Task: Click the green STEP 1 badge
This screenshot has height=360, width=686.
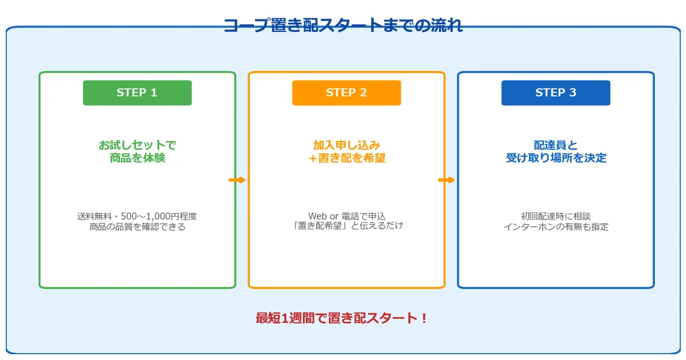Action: [137, 93]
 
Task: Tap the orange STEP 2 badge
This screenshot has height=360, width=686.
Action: [346, 93]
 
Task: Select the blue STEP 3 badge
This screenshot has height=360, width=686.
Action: [556, 93]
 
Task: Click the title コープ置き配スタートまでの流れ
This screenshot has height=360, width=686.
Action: [343, 26]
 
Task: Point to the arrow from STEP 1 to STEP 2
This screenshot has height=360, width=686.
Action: [237, 180]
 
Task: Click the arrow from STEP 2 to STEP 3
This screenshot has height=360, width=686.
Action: [446, 180]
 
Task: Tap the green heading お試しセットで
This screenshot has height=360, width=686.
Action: [137, 145]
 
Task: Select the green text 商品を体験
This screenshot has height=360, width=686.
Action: [137, 158]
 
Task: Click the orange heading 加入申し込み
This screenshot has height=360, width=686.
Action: [346, 145]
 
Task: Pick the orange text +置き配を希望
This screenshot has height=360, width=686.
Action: [346, 158]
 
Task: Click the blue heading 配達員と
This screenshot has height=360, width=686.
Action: [556, 145]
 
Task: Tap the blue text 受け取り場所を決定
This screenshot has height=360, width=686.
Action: [556, 158]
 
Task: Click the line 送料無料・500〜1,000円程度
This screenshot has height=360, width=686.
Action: [137, 217]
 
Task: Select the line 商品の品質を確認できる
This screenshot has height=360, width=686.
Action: [137, 227]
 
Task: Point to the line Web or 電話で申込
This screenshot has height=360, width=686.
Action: [346, 216]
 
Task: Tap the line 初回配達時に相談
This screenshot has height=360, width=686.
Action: [556, 217]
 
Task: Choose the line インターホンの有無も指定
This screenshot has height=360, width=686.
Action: [556, 227]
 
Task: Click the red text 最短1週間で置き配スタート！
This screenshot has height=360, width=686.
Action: [342, 318]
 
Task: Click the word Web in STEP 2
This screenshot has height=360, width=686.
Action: [317, 216]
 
